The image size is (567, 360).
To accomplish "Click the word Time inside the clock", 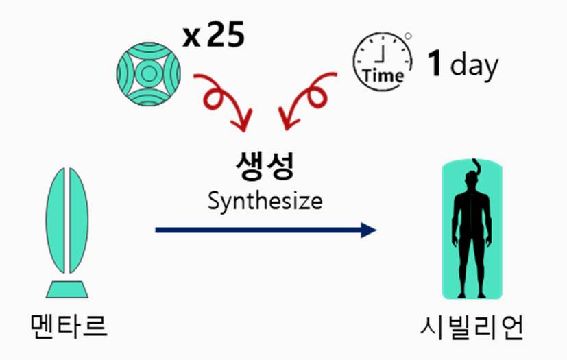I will click(383, 75).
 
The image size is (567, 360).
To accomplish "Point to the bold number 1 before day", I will click(434, 64).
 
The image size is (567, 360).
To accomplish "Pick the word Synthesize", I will click(265, 202).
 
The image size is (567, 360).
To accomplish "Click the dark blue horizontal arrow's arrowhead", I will click(369, 230).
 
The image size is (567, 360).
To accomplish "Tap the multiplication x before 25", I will click(192, 38).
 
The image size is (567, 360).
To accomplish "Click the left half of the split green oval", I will click(58, 219).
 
